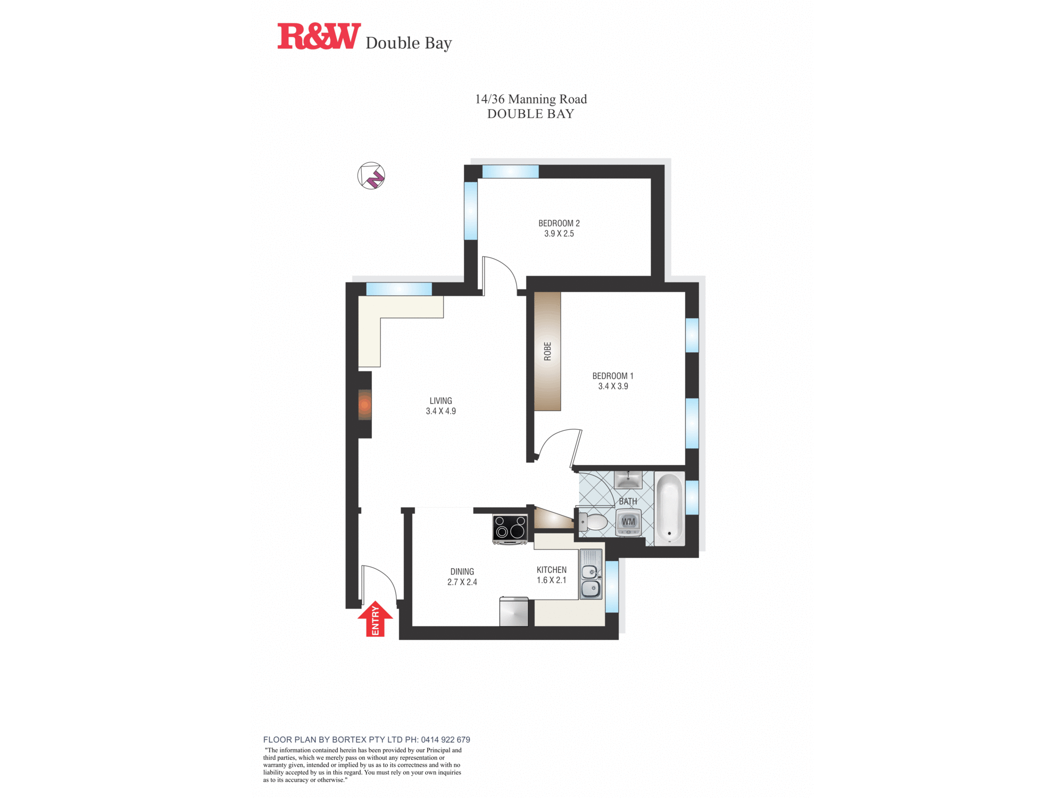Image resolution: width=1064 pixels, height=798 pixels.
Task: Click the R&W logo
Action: pos(319,36)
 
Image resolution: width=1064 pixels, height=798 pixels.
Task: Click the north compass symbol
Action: pos(371,176)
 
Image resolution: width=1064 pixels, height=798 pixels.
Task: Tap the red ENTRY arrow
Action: pos(375,619)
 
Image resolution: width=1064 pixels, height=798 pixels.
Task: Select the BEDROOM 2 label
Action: pos(559,223)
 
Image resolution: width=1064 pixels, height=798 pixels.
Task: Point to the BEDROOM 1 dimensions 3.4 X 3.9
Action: pos(613,386)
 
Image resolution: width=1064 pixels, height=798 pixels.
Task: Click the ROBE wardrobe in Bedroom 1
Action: pos(547,351)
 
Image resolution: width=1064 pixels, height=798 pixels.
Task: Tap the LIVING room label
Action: pos(440,401)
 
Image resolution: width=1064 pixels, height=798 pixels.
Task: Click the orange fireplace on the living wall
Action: pos(364,405)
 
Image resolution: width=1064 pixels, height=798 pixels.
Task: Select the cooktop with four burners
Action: pos(510,528)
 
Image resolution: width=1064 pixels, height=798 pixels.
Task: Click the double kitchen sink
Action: pos(591,580)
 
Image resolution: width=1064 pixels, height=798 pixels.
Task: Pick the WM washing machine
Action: pos(628,522)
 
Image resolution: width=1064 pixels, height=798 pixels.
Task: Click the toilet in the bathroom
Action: pos(593,522)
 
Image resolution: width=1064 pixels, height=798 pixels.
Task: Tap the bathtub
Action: pos(669,508)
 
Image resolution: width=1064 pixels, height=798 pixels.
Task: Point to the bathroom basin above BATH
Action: pos(628,480)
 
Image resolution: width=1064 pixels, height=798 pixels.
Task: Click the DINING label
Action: pos(462,572)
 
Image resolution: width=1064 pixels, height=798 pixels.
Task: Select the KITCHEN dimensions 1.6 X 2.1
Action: pos(551,580)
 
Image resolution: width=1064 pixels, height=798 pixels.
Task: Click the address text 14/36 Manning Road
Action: pos(530,99)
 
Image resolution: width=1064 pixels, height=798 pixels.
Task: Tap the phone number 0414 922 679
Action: pos(445,739)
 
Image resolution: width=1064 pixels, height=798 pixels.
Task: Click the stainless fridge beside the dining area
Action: pos(514,612)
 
